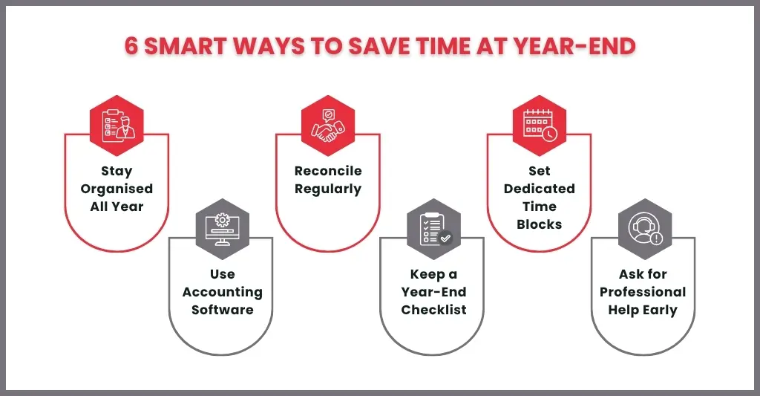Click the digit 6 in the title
click(131, 47)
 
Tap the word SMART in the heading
click(185, 47)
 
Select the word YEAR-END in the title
click(574, 47)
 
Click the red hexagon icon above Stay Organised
click(117, 126)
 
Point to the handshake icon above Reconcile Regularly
click(328, 126)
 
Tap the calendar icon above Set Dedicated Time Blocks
click(540, 126)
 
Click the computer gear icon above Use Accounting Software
click(223, 229)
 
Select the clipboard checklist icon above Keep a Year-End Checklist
click(433, 229)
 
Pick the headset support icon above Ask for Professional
click(645, 229)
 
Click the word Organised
click(117, 189)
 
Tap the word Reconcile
click(328, 171)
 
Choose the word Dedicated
click(540, 189)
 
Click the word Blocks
click(540, 224)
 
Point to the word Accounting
click(223, 293)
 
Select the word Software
click(223, 310)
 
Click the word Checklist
click(433, 310)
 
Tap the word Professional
click(643, 292)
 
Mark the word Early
click(660, 311)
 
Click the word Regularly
click(328, 189)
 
